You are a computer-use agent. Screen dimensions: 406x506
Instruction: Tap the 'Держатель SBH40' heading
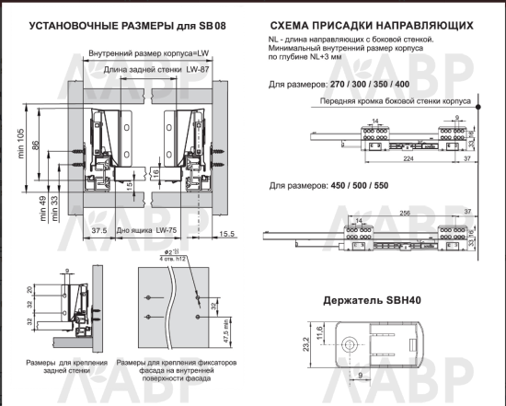click(x=379, y=301)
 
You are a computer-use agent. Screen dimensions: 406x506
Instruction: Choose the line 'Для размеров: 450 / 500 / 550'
click(x=332, y=186)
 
